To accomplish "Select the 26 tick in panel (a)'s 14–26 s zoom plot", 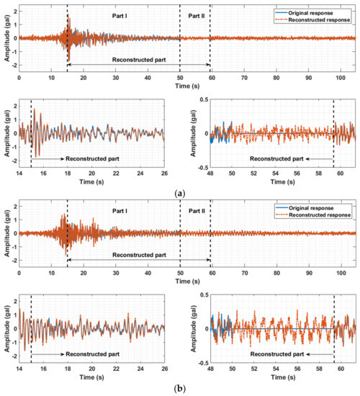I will pos(163,173).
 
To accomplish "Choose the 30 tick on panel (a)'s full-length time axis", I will pos(115,76).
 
